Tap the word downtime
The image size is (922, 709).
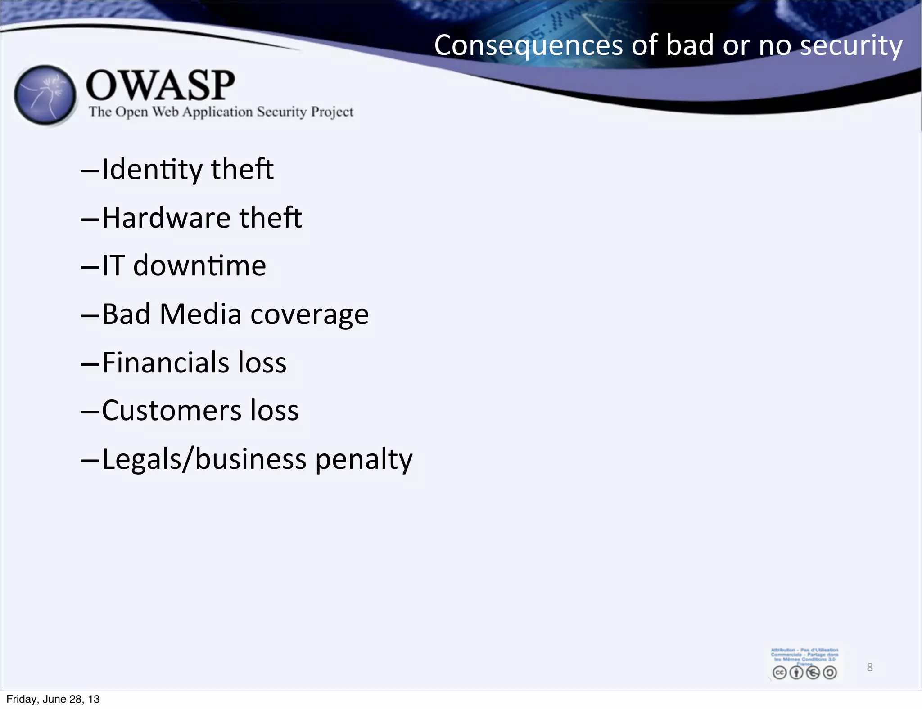pos(199,265)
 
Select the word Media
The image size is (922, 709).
pos(200,314)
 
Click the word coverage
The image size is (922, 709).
pos(310,315)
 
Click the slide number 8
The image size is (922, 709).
pos(870,667)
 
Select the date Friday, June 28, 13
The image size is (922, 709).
pos(53,699)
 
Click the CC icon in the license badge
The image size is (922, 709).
pos(779,673)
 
